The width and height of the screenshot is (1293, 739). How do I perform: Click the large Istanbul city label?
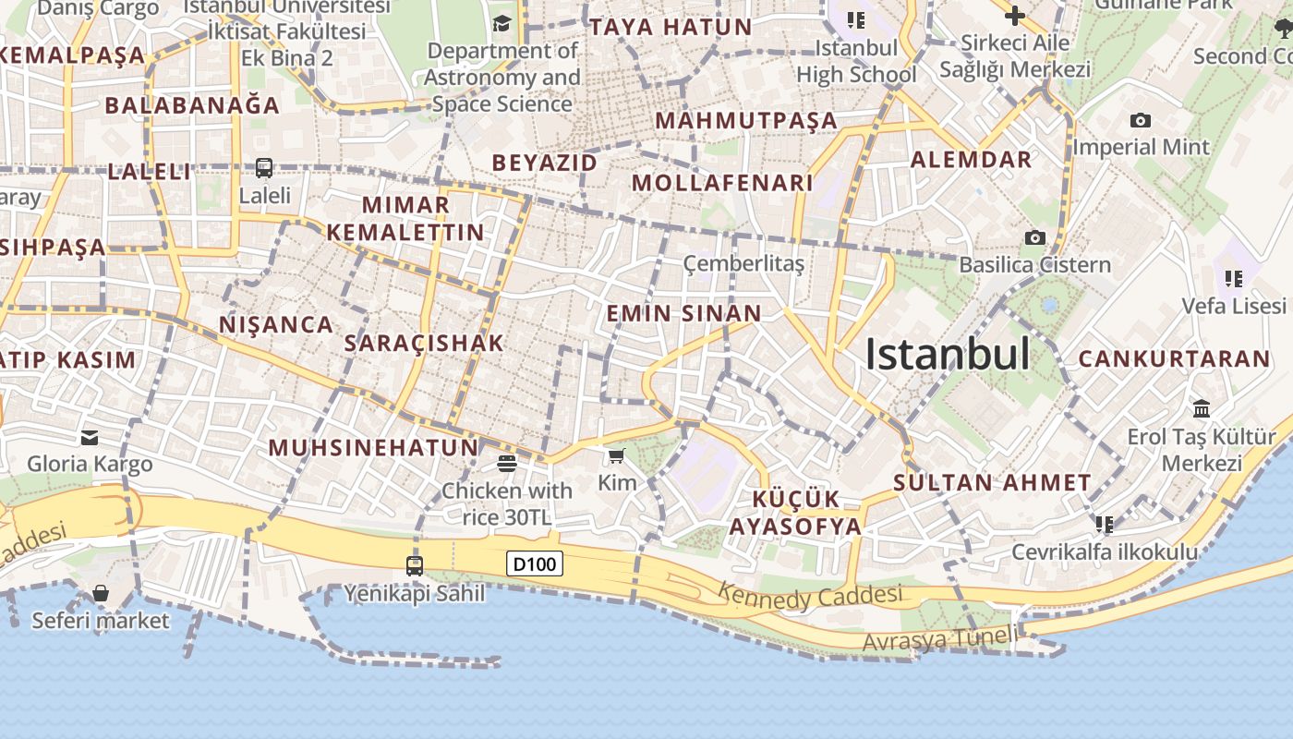(947, 354)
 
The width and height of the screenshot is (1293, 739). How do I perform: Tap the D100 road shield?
(535, 563)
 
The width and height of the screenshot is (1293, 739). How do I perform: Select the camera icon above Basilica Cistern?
(1034, 238)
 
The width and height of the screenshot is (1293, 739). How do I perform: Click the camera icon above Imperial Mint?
(1140, 120)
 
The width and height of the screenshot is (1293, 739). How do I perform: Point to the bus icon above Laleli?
(264, 168)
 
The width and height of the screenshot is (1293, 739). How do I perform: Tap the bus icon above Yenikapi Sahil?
(415, 565)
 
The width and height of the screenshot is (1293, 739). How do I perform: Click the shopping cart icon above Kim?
(617, 455)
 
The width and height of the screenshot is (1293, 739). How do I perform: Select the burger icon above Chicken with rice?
(506, 463)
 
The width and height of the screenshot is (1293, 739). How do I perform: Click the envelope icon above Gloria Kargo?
(90, 437)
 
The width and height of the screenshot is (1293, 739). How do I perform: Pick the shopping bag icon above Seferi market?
(100, 593)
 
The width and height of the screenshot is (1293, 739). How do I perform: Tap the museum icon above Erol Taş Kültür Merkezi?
(1202, 408)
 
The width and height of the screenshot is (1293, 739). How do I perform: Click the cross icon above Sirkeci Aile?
(1014, 16)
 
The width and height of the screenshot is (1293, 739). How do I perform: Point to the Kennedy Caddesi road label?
(810, 597)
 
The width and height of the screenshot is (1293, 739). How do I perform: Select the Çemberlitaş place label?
(743, 264)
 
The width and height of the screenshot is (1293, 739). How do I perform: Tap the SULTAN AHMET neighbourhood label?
(992, 482)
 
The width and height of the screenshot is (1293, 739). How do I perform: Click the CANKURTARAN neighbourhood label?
(1174, 358)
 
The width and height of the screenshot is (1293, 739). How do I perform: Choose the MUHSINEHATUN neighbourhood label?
(373, 448)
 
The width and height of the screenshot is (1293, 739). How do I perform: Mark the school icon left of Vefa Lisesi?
(1233, 278)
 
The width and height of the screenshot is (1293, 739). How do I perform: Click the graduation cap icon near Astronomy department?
(501, 23)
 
